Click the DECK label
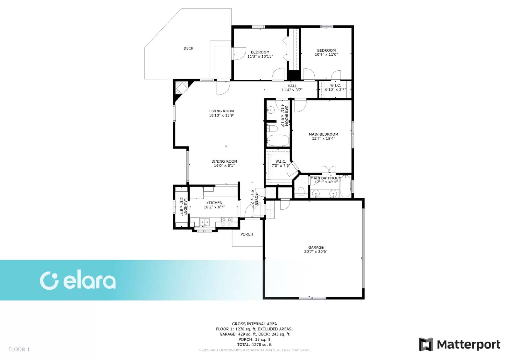[x=188, y=48]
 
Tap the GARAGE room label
[x=316, y=247]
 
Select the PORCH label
[x=247, y=234]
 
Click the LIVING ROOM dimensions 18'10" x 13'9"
[x=221, y=116]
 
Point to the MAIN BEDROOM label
[x=323, y=134]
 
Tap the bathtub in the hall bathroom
[x=277, y=140]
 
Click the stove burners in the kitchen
[x=226, y=220]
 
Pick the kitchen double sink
[x=205, y=221]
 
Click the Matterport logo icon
[x=426, y=344]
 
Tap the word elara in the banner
[x=89, y=281]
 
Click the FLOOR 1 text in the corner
[x=19, y=349]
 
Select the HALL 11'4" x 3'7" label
[x=292, y=88]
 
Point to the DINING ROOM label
[x=224, y=161]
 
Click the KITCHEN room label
[x=214, y=203]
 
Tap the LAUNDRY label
[x=185, y=207]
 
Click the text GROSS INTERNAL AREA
[x=254, y=324]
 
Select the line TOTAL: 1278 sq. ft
[x=254, y=344]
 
